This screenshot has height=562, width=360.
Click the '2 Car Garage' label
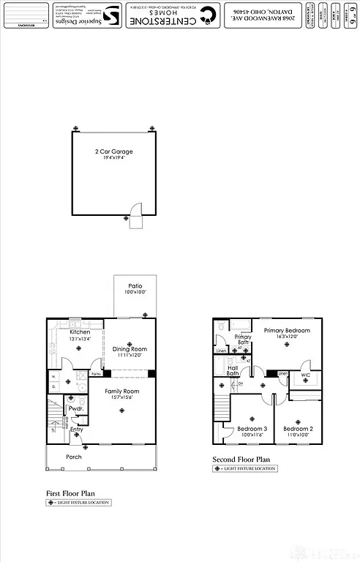tap(113, 151)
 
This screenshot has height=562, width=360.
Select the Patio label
tap(135, 286)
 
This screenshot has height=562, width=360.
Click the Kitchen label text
tap(80, 331)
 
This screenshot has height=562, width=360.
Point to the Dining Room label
tap(130, 349)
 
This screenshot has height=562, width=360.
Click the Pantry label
tap(95, 374)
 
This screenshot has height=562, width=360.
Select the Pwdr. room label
tap(74, 408)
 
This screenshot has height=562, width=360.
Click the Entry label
tap(76, 429)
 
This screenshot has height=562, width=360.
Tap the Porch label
tap(74, 457)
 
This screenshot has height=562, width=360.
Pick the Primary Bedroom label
tap(287, 331)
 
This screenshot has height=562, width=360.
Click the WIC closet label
tap(305, 375)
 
